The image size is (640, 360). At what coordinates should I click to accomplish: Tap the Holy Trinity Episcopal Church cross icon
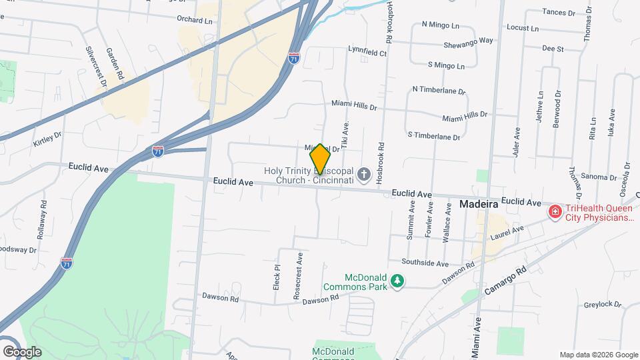(x=363, y=175)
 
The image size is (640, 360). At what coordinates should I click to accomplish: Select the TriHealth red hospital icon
(x=554, y=212)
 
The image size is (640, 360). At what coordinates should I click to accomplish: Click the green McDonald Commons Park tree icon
(x=397, y=281)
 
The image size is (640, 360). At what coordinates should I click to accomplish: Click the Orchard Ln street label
(x=194, y=20)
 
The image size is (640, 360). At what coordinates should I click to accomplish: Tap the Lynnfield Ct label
(x=367, y=49)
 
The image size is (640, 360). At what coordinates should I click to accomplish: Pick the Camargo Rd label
(x=506, y=281)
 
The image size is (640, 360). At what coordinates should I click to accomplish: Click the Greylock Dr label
(x=603, y=305)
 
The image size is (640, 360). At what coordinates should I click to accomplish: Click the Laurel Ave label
(x=507, y=233)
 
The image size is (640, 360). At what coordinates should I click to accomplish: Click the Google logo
(x=22, y=351)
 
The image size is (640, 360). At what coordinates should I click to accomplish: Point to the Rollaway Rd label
(x=43, y=215)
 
